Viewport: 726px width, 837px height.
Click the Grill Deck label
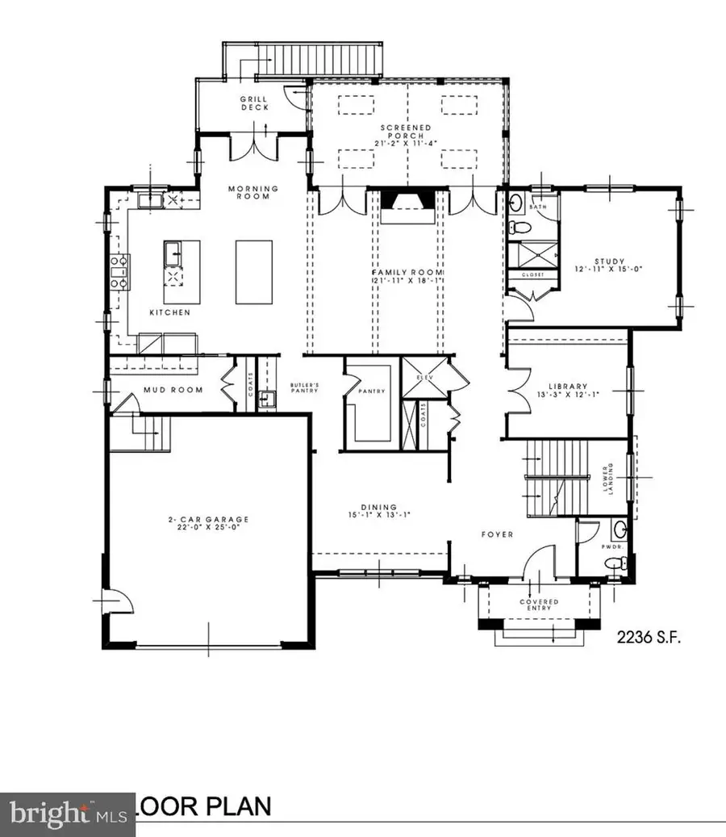point(252,103)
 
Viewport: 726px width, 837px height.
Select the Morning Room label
point(252,192)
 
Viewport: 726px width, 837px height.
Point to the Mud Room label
point(172,390)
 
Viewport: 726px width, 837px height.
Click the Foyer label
point(498,534)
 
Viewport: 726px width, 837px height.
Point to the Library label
point(568,386)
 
